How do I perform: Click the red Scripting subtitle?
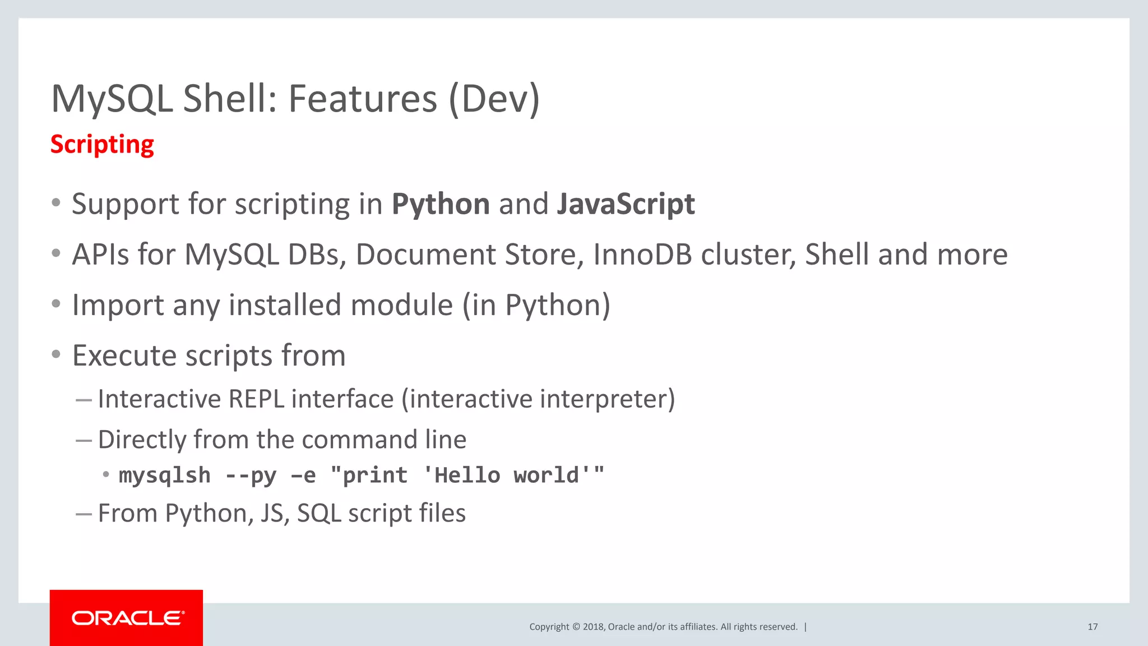[102, 145]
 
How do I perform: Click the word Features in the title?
[362, 99]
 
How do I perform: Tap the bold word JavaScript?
[626, 204]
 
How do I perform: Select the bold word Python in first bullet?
[441, 204]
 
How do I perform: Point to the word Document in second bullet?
[425, 255]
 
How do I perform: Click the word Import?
[118, 306]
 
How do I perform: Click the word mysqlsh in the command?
[165, 476]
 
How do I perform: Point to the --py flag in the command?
[251, 476]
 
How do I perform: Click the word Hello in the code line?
[467, 476]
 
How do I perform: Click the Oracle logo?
[127, 618]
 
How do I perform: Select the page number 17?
[1093, 627]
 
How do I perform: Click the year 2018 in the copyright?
[593, 627]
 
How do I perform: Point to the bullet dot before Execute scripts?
[55, 354]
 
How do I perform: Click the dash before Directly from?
[84, 441]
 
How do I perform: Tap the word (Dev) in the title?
[494, 99]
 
